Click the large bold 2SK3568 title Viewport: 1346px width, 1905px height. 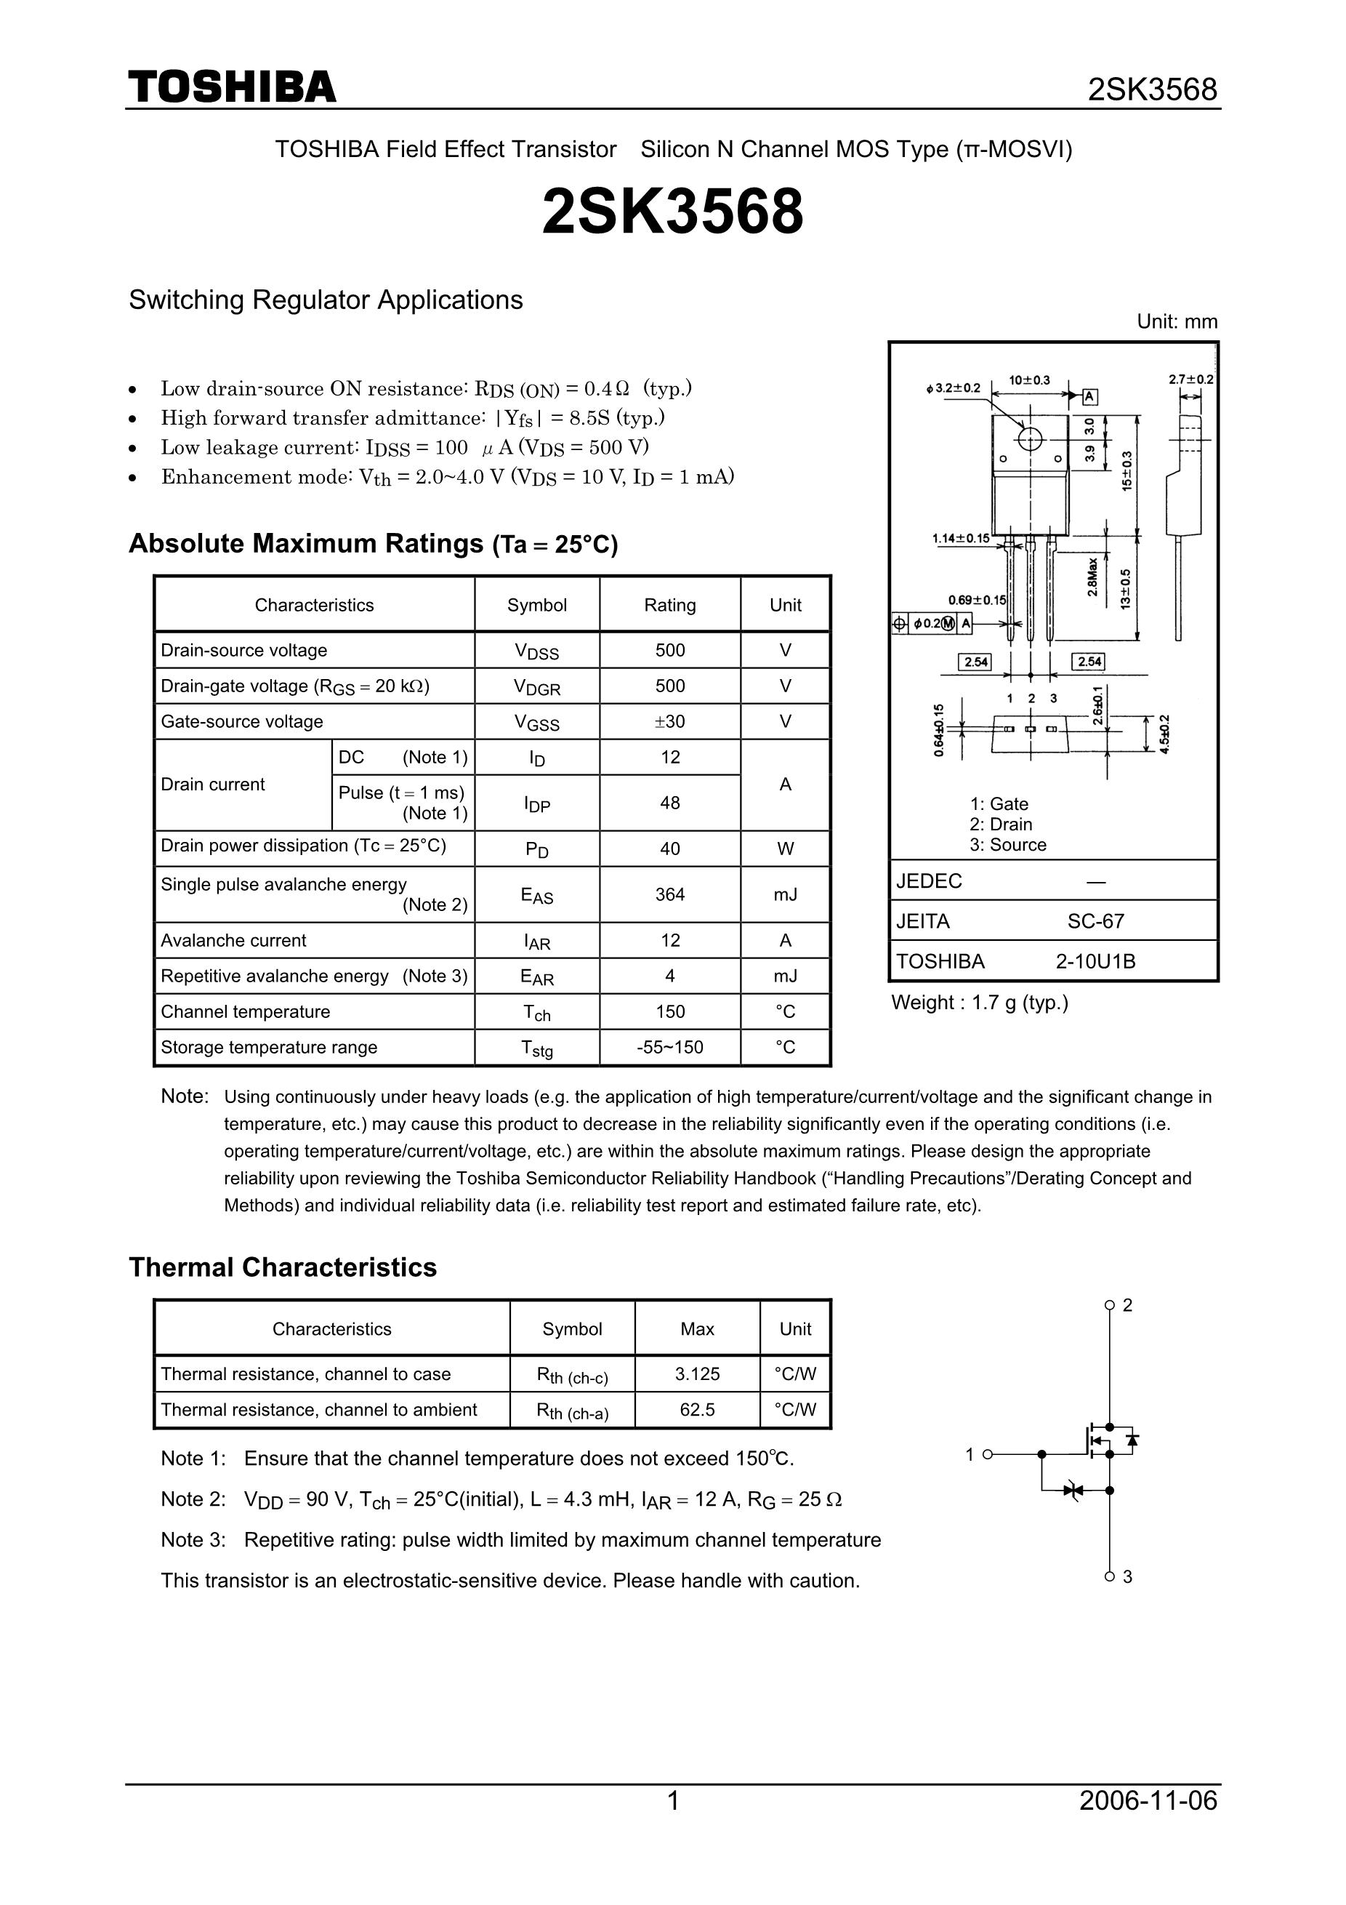coord(672,212)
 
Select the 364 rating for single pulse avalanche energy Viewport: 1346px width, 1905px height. coord(669,894)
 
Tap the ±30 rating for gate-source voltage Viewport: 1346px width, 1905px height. coord(669,722)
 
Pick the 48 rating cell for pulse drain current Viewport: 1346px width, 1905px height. coord(669,802)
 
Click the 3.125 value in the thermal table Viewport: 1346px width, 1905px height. coord(697,1374)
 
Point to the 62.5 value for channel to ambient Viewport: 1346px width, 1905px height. coord(697,1410)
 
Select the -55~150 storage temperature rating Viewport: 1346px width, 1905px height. coord(669,1047)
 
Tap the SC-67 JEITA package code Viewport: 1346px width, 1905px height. coord(1095,921)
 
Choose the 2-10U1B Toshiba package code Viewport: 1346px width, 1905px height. coord(1095,962)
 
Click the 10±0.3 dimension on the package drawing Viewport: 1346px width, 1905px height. coord(1029,380)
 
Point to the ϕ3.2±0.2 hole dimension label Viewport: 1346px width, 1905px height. coord(953,388)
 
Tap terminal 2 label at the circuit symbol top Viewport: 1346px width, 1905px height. coord(1127,1305)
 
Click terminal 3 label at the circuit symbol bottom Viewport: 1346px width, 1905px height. coord(1127,1576)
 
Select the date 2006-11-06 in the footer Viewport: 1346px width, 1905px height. coord(1148,1800)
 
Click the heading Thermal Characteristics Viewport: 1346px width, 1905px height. coord(283,1268)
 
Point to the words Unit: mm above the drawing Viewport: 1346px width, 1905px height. coord(1177,322)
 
